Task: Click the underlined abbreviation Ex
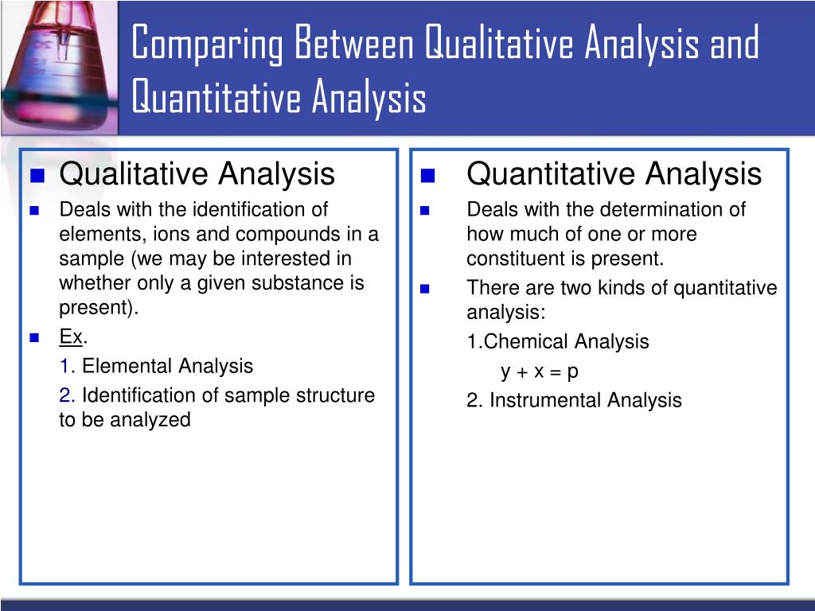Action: (71, 337)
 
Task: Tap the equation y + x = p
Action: (540, 371)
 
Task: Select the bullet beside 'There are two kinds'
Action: (425, 289)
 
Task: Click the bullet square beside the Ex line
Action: (34, 337)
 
